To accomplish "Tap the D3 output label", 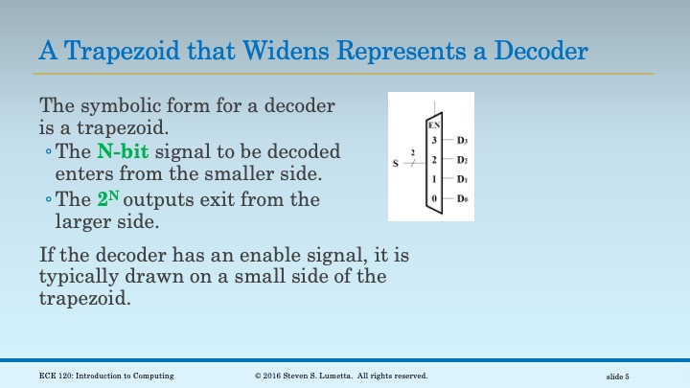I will [462, 142].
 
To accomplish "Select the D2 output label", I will [462, 160].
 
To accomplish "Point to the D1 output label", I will [462, 179].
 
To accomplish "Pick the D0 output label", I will [462, 198].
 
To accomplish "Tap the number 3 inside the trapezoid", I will [434, 142].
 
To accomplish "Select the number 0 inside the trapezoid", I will [434, 198].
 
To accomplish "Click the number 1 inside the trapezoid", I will [434, 179].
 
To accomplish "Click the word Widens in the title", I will [270, 49].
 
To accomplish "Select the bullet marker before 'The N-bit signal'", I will [48, 152].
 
